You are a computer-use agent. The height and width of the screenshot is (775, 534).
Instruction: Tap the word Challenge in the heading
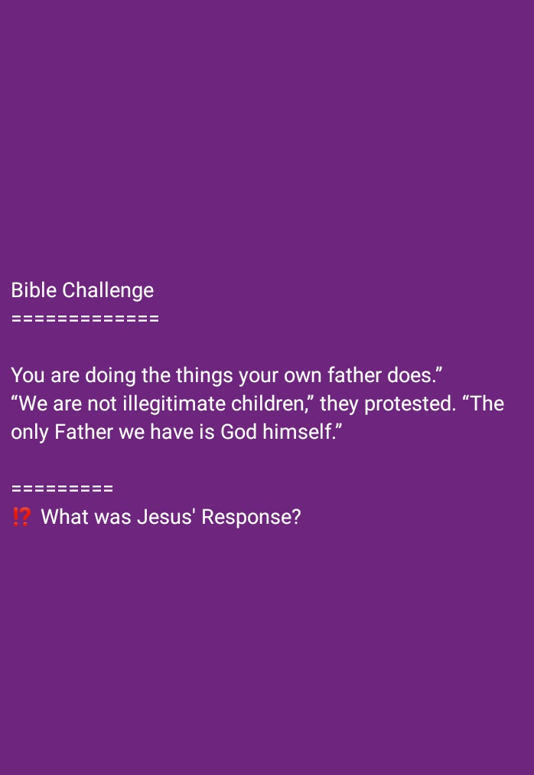click(x=108, y=290)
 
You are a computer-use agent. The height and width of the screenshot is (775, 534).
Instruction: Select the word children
click(x=272, y=404)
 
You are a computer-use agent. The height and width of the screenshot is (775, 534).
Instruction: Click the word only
click(x=30, y=432)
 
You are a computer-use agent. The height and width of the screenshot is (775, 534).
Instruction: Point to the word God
click(x=239, y=432)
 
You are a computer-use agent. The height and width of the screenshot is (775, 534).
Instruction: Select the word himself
click(x=301, y=432)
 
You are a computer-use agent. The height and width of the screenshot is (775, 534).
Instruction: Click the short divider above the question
click(x=62, y=489)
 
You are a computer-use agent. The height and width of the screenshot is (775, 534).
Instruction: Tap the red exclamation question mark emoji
click(x=21, y=517)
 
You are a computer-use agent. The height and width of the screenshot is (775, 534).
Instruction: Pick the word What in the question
click(x=65, y=517)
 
